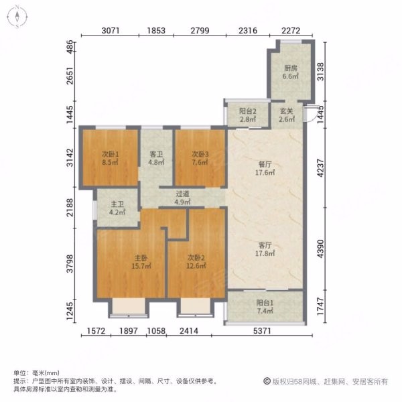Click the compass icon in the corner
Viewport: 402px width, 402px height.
[17, 17]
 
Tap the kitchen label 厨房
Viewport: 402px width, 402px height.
[291, 68]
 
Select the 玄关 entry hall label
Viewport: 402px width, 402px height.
[286, 111]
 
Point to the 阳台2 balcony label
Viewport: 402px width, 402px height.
[248, 111]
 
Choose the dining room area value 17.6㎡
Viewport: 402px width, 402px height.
[265, 172]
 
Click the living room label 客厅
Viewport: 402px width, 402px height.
[265, 245]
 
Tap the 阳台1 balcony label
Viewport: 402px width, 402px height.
[265, 303]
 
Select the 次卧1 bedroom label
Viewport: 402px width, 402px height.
[111, 154]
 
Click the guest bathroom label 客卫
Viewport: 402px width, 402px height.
[156, 154]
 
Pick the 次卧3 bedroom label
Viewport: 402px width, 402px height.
[200, 154]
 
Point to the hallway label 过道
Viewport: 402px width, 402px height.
[182, 194]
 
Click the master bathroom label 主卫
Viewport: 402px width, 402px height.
[117, 204]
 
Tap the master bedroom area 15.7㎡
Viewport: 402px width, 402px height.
[141, 266]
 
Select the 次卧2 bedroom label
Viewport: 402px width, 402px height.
[196, 257]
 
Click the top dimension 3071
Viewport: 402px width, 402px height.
[111, 31]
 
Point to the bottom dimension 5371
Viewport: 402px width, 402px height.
[262, 331]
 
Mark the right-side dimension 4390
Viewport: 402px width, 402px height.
[320, 249]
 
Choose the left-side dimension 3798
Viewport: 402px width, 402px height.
[70, 263]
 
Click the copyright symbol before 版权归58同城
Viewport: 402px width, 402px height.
[267, 381]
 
